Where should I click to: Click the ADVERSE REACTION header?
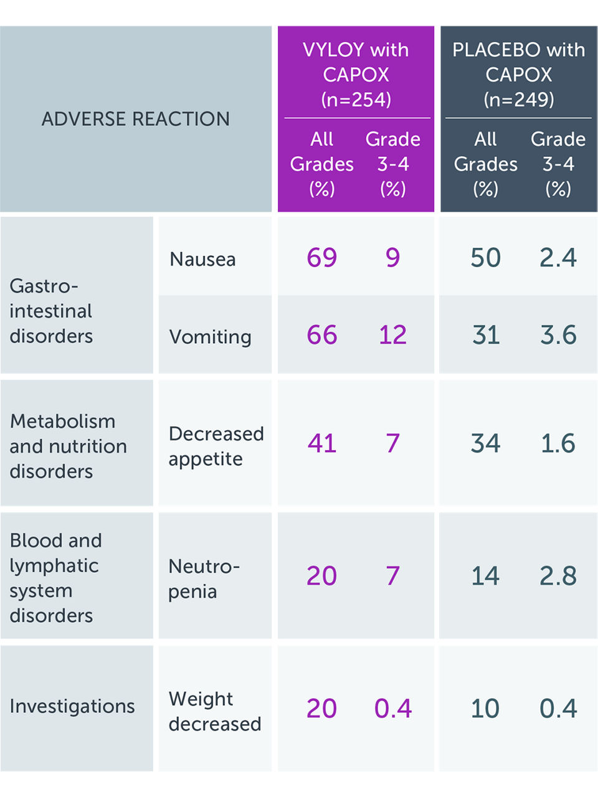tap(135, 119)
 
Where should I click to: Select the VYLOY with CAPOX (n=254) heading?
tap(356, 74)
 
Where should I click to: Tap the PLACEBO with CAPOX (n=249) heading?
tap(518, 74)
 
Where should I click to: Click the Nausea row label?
tap(202, 259)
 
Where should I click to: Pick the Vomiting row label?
tap(210, 336)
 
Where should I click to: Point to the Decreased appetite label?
tap(216, 446)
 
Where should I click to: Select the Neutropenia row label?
tap(204, 578)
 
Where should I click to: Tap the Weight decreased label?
tap(214, 711)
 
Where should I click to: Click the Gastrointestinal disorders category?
tap(51, 311)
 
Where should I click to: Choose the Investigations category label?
tap(72, 706)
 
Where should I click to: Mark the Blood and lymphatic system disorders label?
tap(55, 578)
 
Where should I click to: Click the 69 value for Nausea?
tap(321, 258)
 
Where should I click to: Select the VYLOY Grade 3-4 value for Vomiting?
tap(392, 335)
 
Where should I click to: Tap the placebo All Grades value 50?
tap(485, 258)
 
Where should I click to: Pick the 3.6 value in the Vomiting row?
tap(558, 335)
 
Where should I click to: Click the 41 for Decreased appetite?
tap(321, 443)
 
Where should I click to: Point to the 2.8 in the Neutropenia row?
tap(558, 576)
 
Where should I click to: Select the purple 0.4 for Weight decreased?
tap(392, 709)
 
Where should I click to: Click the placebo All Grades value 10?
tap(485, 709)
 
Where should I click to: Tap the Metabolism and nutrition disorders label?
tap(68, 446)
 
